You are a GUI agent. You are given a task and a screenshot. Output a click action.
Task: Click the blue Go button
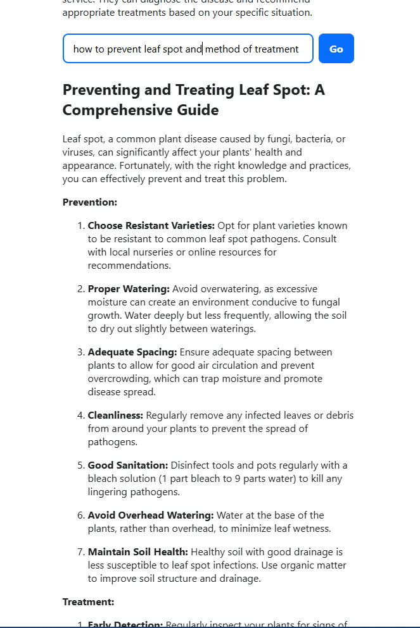pyautogui.click(x=336, y=49)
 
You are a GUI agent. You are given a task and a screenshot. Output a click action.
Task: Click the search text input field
pyautogui.click(x=188, y=49)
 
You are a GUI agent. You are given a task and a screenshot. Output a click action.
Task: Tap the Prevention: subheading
pyautogui.click(x=89, y=202)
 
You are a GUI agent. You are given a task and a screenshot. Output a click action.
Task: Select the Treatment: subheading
pyautogui.click(x=88, y=602)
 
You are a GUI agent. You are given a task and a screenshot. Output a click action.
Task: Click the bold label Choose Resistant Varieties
pyautogui.click(x=151, y=226)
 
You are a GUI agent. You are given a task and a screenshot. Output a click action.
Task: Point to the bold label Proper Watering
pyautogui.click(x=129, y=289)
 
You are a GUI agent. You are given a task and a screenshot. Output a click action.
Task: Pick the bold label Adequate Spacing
pyautogui.click(x=132, y=352)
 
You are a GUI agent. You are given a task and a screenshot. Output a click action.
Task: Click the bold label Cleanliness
pyautogui.click(x=115, y=416)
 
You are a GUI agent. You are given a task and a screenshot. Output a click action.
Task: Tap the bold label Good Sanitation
pyautogui.click(x=127, y=465)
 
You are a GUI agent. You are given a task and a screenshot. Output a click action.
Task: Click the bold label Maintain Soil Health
pyautogui.click(x=137, y=552)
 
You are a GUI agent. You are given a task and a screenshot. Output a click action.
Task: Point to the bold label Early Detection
pyautogui.click(x=125, y=624)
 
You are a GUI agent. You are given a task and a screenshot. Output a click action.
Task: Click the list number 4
pyautogui.click(x=80, y=416)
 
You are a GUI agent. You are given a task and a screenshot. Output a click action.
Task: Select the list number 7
pyautogui.click(x=80, y=552)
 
